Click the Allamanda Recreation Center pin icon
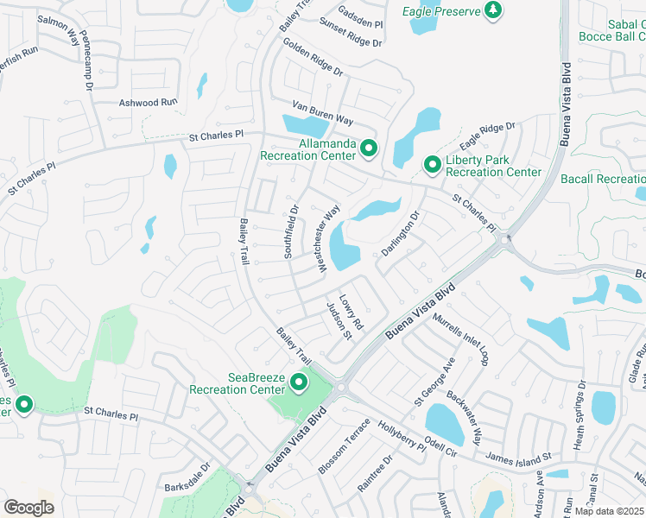(368, 148)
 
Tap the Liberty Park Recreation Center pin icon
(432, 164)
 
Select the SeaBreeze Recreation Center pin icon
(300, 382)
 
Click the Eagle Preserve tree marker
(492, 10)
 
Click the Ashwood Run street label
(148, 102)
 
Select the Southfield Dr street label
(293, 231)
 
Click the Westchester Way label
(329, 239)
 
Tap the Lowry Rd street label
(351, 313)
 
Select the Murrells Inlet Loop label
(461, 339)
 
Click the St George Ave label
(434, 382)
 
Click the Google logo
(28, 507)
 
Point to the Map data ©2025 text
(610, 511)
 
